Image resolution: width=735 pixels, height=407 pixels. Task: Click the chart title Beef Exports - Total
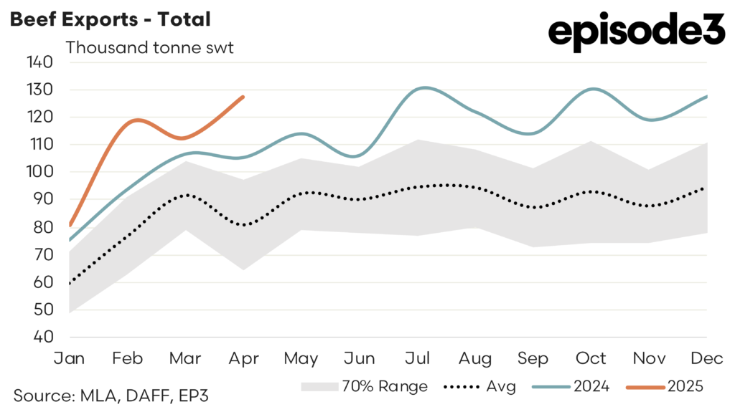[x=110, y=19]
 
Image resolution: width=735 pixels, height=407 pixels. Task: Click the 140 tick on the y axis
[x=39, y=62]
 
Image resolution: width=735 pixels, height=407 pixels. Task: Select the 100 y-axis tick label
[x=39, y=172]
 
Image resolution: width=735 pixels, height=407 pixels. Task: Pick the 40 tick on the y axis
[x=42, y=337]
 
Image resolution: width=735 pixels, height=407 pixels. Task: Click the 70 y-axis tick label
[x=42, y=254]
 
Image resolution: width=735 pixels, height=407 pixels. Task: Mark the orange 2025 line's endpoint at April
[x=244, y=97]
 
